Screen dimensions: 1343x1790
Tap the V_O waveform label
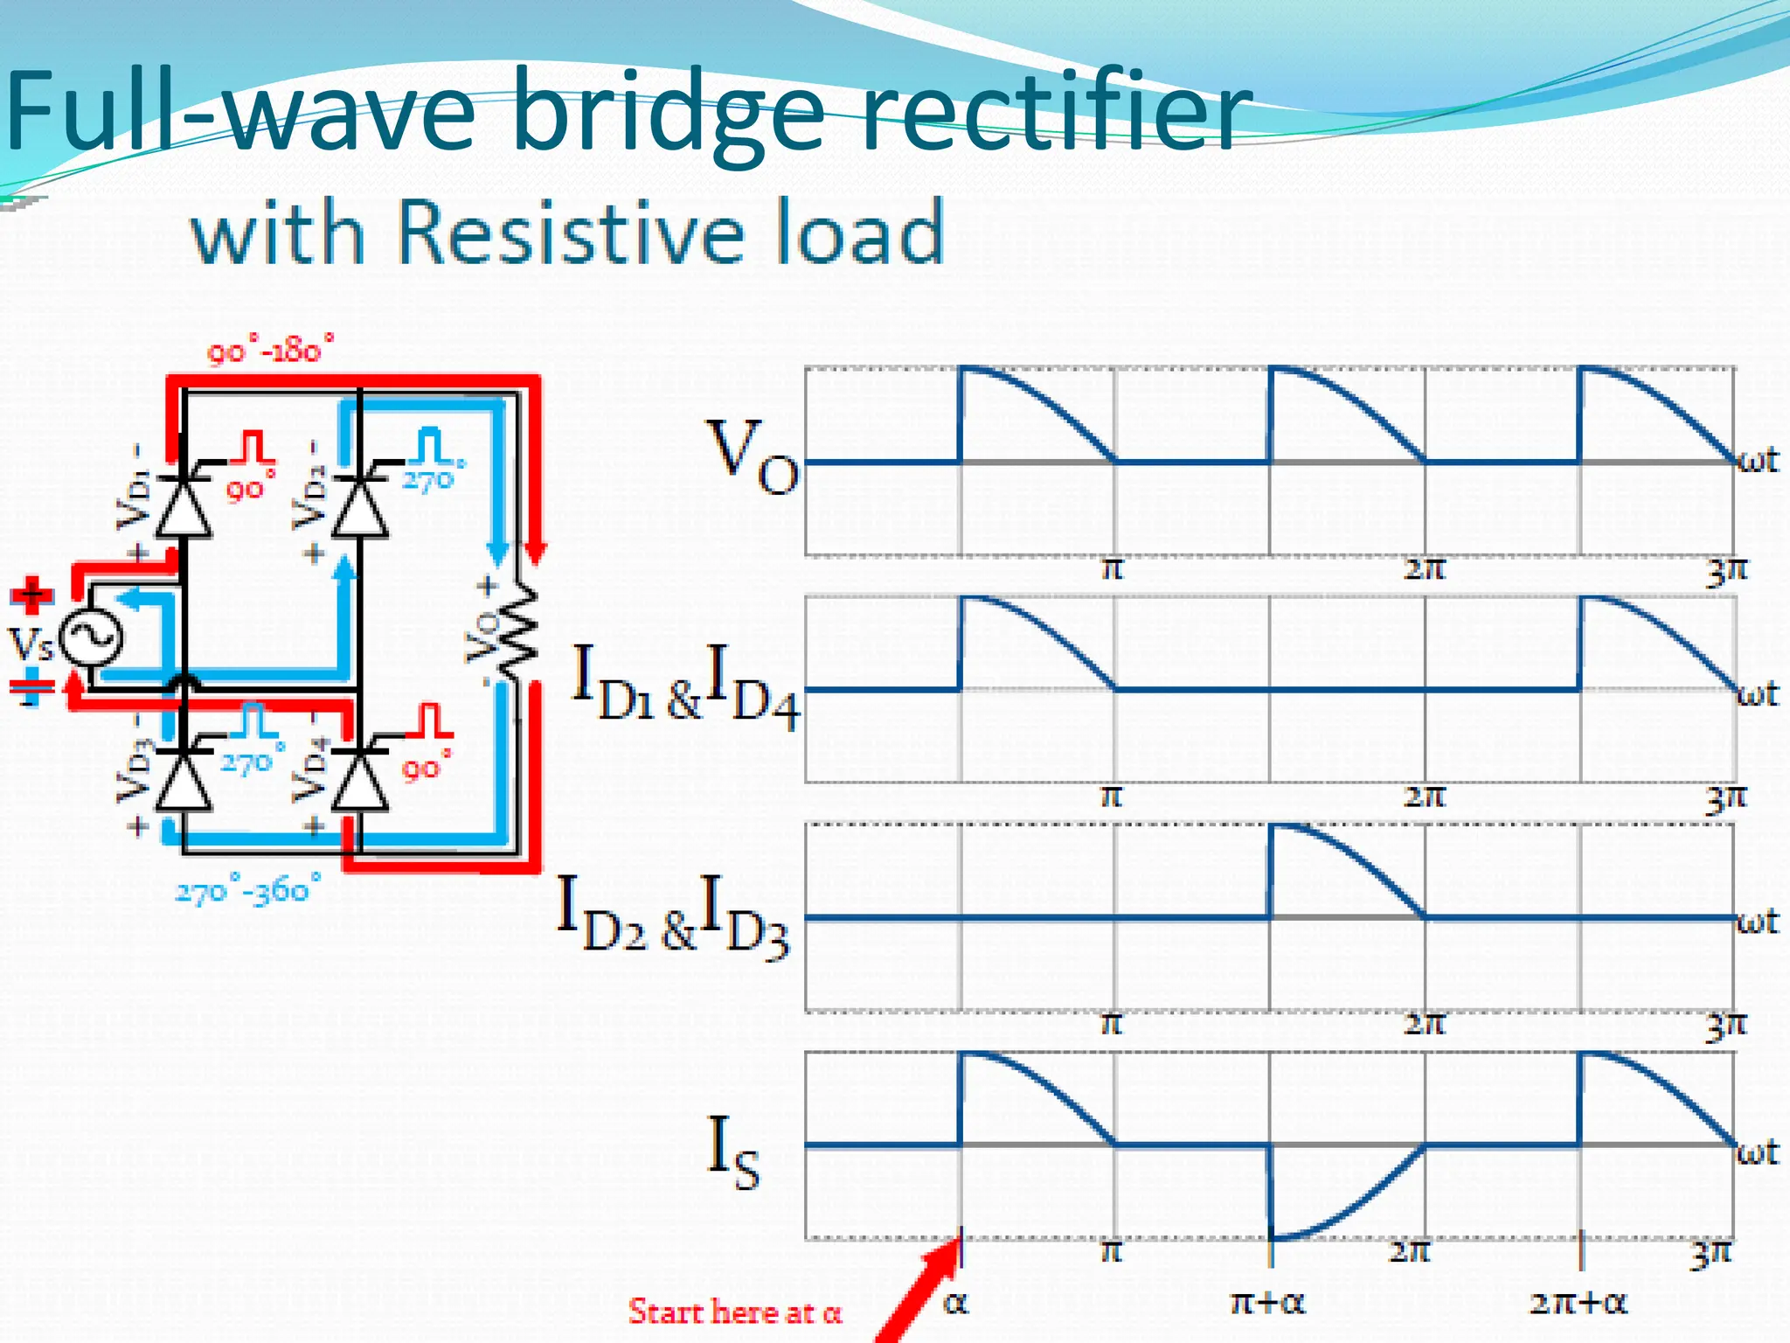point(752,456)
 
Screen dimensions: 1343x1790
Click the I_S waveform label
point(732,1154)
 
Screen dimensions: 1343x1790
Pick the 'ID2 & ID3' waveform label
point(673,914)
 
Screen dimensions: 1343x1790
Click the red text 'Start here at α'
point(734,1312)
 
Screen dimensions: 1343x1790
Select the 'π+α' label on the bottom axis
point(1266,1303)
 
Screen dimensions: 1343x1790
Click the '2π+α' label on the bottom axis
point(1578,1303)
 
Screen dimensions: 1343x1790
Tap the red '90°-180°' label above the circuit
point(270,351)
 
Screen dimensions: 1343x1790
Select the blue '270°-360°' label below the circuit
point(248,890)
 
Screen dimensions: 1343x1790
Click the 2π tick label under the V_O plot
point(1424,570)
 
